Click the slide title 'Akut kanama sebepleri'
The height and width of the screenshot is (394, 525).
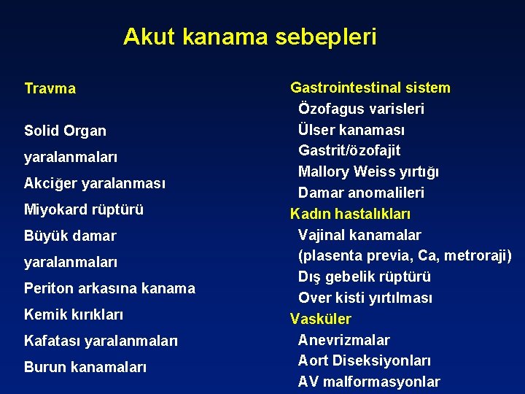click(x=249, y=36)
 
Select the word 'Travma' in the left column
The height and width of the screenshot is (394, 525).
click(x=50, y=89)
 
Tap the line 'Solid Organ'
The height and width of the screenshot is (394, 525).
click(x=65, y=131)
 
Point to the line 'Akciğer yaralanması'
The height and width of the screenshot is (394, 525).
click(x=95, y=183)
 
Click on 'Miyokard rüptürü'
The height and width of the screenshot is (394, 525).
click(x=84, y=209)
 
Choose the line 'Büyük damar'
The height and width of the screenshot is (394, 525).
click(x=70, y=236)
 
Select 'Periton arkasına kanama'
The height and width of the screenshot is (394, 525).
click(x=109, y=288)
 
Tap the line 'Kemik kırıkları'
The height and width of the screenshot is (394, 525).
click(x=74, y=314)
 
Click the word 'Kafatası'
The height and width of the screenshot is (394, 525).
click(x=52, y=341)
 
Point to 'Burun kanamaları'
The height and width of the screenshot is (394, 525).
click(x=85, y=367)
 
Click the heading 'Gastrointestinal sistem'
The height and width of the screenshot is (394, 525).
click(x=370, y=88)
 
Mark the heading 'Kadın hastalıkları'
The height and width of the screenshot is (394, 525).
click(x=351, y=215)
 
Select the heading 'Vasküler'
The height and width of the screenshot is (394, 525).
click(x=321, y=319)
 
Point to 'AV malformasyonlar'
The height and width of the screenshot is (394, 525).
click(x=369, y=382)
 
